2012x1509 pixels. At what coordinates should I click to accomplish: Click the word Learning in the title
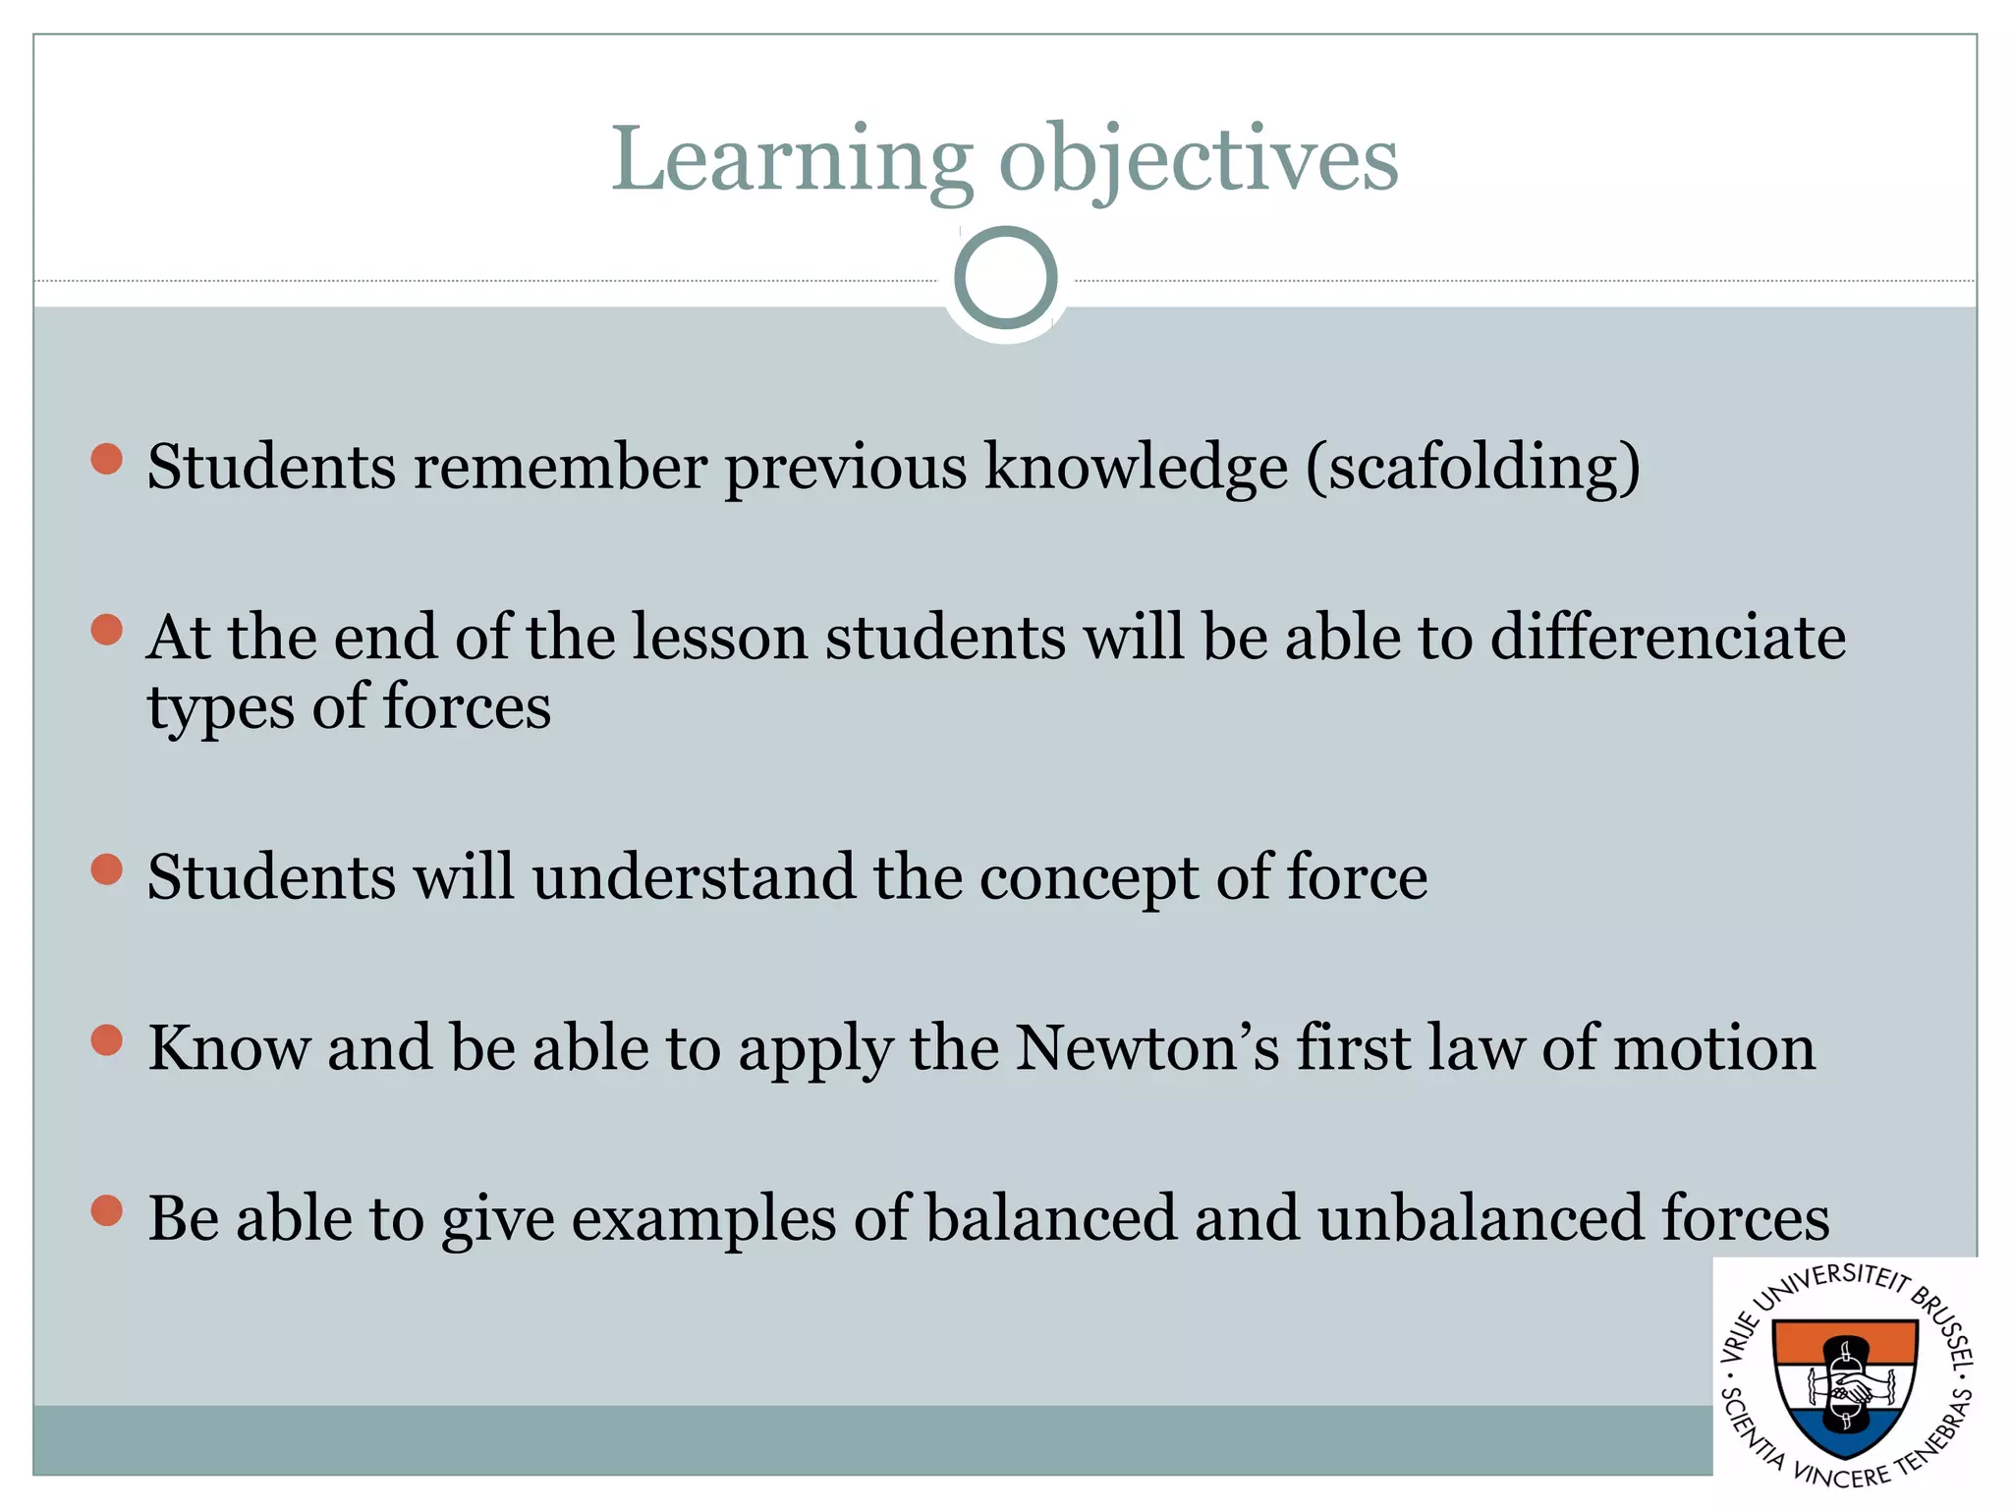click(792, 160)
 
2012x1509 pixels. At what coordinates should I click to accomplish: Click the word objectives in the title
click(1199, 160)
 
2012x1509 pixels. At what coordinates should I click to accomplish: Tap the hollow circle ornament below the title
click(1005, 278)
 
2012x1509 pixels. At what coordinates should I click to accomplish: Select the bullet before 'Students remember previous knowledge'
click(106, 459)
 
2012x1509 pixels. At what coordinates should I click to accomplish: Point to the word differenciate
click(1667, 637)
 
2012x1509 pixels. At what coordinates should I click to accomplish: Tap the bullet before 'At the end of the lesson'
click(106, 630)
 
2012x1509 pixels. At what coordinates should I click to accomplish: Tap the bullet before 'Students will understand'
click(106, 869)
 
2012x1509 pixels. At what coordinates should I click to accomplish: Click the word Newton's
click(1146, 1047)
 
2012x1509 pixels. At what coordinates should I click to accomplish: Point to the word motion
click(1713, 1047)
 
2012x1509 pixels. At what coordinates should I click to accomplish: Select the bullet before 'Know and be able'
click(106, 1040)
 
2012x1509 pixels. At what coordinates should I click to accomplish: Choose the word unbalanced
click(1480, 1218)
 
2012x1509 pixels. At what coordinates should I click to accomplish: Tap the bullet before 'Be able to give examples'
click(106, 1211)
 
